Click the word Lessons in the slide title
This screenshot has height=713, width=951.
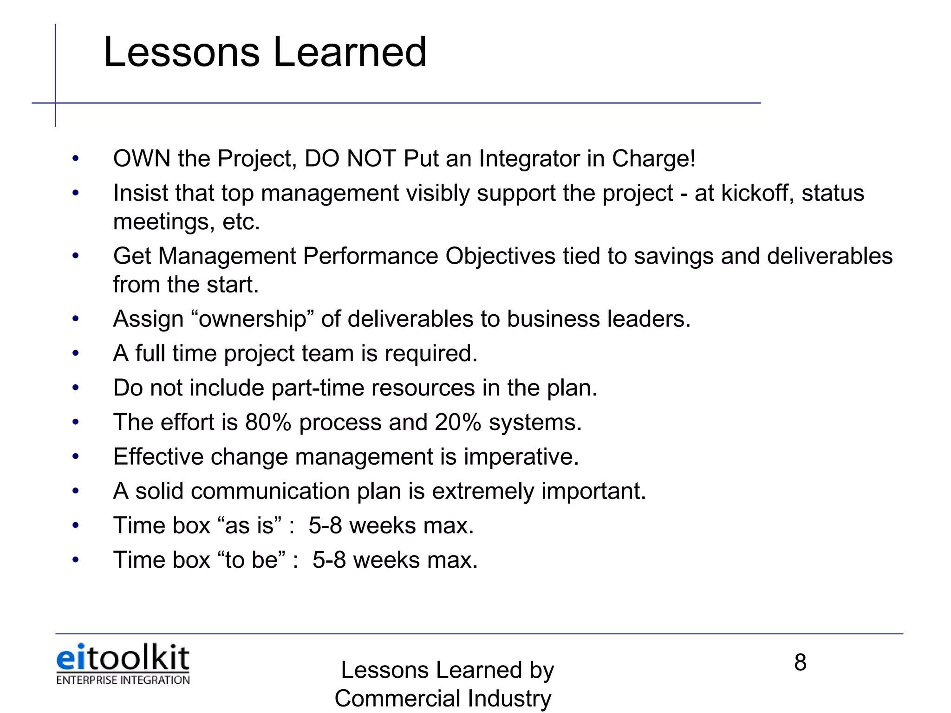[x=181, y=52]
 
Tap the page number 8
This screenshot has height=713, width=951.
[x=800, y=662]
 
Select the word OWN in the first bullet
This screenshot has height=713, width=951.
[x=142, y=159]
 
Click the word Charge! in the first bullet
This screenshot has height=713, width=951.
[x=653, y=159]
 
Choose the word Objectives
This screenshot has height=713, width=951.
[x=500, y=256]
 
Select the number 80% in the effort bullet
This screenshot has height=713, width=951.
[x=268, y=422]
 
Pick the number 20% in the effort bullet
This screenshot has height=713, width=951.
[x=458, y=422]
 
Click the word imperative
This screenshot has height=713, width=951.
[x=521, y=457]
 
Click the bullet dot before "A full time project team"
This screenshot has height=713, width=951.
[x=76, y=354]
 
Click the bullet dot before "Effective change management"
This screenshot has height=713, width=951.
[x=76, y=457]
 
